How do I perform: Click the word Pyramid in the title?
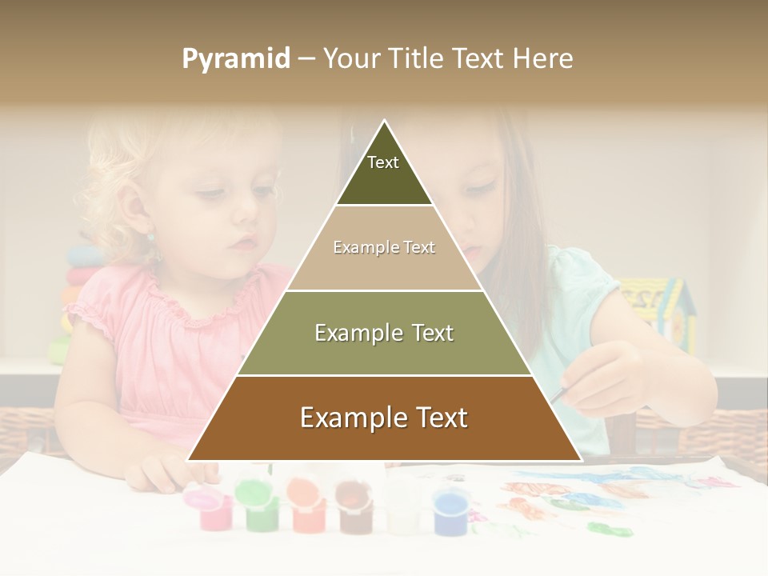click(235, 59)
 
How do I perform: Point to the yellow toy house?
click(658, 308)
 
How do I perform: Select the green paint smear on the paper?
click(610, 529)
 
